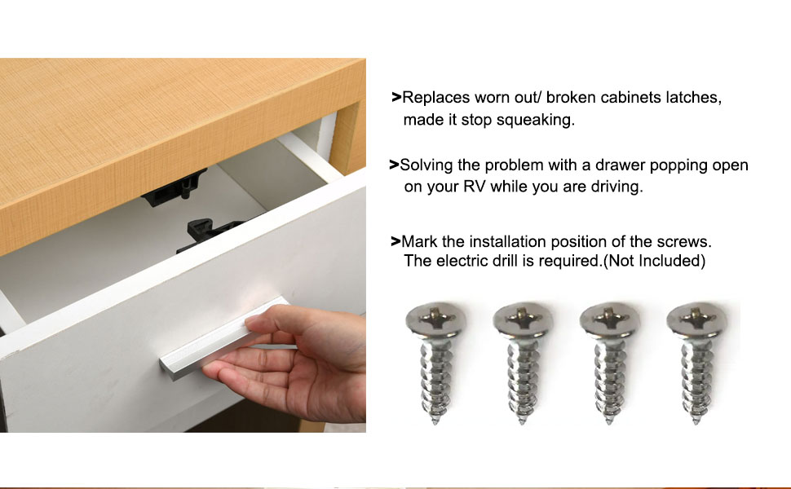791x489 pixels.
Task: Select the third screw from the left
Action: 610,359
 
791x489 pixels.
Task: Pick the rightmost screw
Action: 696,359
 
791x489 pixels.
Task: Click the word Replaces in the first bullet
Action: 436,98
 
